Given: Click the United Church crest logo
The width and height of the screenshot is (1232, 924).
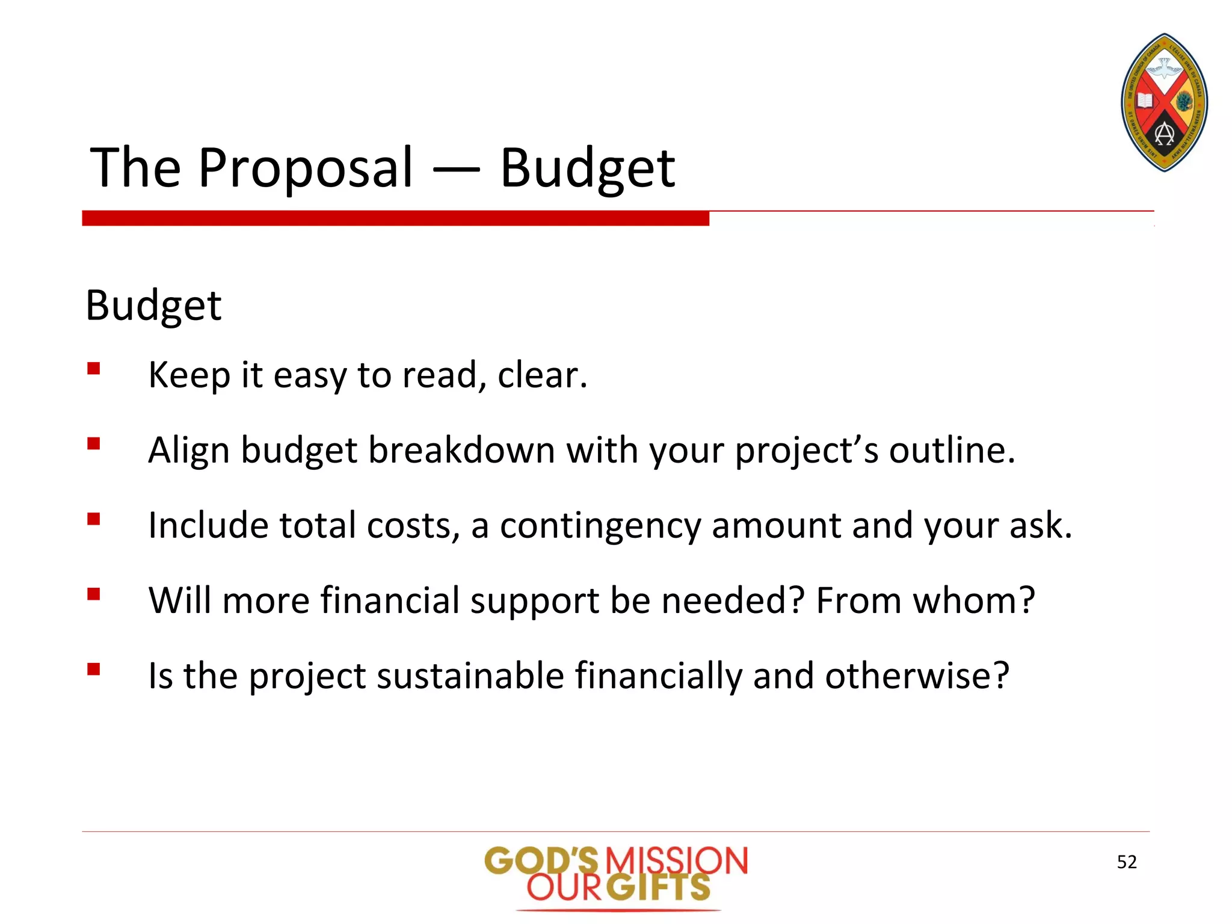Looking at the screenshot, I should [x=1164, y=103].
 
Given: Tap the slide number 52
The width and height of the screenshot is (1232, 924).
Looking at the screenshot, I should [x=1127, y=862].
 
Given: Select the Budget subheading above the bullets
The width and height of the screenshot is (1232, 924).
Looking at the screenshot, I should [x=153, y=306].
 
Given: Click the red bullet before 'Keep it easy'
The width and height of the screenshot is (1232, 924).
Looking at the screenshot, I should [x=93, y=368].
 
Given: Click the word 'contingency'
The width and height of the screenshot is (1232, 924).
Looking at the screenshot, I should [x=600, y=526].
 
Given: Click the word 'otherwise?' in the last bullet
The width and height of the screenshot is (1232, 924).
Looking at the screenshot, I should [x=917, y=676].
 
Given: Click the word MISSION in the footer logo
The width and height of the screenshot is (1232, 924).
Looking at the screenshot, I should [x=677, y=861].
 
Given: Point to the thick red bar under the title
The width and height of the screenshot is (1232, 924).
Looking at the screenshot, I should [x=395, y=218].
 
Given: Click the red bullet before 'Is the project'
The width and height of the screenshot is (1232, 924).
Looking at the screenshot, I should [x=93, y=669].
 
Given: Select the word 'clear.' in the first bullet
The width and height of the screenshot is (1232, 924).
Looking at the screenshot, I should [x=542, y=375].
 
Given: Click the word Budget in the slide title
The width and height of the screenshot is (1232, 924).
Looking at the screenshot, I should [x=588, y=168].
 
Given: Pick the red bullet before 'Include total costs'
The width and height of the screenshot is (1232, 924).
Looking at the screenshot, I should [x=93, y=519].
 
